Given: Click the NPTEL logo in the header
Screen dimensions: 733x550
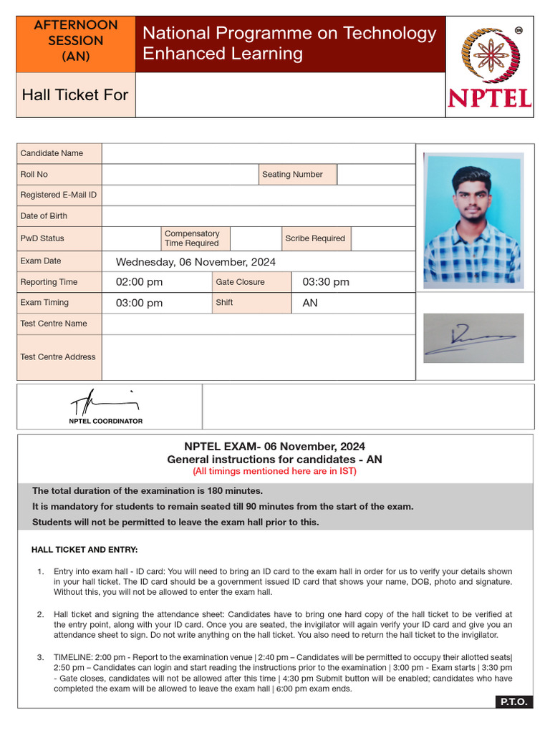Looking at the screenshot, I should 490,67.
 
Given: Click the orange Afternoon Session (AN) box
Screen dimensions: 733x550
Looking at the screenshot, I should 76,41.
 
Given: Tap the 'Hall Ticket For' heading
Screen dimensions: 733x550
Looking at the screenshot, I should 75,94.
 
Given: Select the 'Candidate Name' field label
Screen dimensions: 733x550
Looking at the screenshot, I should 52,153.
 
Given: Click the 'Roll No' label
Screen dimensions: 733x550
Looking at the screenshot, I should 34,174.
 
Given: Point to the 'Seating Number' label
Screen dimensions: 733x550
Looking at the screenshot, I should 292,174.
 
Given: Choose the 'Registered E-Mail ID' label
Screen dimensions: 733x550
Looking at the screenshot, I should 59,195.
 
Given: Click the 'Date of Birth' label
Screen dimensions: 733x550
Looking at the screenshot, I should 44,215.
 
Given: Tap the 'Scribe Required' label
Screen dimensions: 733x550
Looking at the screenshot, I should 314,238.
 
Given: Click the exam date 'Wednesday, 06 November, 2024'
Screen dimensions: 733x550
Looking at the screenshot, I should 196,262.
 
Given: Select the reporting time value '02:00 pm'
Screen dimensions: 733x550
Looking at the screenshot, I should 139,282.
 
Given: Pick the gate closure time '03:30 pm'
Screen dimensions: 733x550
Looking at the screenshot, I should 326,282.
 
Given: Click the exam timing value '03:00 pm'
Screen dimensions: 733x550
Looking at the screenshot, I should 139,303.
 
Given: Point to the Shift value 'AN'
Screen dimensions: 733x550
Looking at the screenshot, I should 310,303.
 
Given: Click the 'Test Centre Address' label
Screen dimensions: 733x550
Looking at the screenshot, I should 58,356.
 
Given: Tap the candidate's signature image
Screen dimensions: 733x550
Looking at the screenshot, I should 473,338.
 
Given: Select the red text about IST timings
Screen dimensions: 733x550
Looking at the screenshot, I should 274,471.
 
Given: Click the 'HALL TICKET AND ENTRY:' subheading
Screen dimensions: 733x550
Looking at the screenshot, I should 85,550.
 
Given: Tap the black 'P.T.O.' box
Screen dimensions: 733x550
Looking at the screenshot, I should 513,702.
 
